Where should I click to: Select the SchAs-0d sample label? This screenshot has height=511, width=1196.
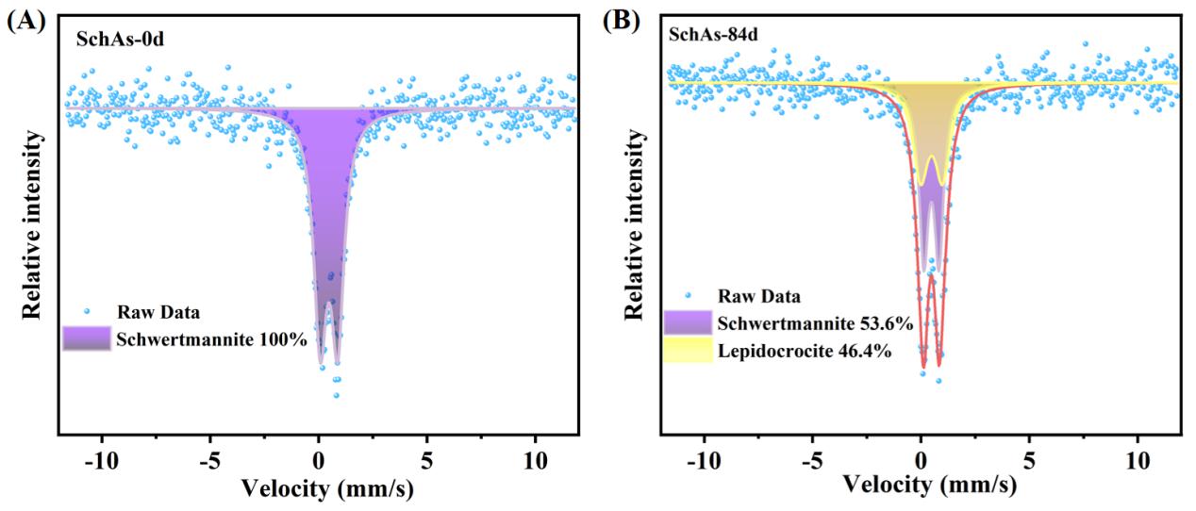[x=115, y=41]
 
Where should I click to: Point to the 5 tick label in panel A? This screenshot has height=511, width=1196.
[x=427, y=467]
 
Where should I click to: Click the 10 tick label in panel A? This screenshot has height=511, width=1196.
[x=536, y=467]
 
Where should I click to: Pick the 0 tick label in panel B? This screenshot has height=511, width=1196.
[x=921, y=465]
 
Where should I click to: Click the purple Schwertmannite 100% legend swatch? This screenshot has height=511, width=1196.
[x=86, y=338]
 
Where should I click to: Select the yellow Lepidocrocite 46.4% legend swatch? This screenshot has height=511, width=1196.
[x=689, y=353]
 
